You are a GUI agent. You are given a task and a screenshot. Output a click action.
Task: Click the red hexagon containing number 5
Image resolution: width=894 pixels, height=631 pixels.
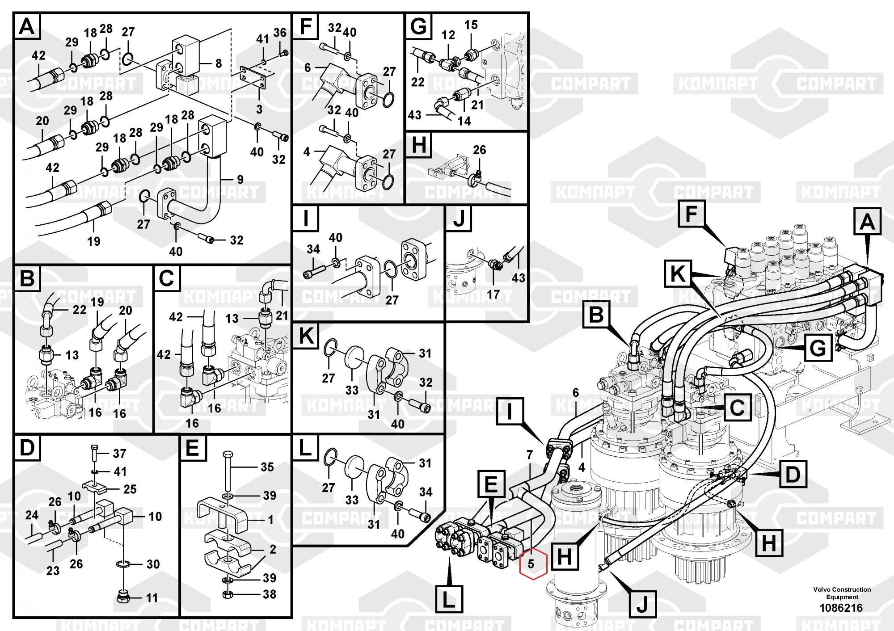[531, 564]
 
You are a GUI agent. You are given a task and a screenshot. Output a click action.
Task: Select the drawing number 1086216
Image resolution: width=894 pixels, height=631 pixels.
[841, 608]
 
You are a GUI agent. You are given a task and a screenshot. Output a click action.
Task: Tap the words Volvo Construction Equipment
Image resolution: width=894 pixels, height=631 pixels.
[842, 593]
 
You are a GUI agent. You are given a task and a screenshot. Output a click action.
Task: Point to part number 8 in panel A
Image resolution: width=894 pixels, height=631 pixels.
[218, 63]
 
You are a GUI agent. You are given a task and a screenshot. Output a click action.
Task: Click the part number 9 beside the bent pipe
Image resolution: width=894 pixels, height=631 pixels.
[240, 180]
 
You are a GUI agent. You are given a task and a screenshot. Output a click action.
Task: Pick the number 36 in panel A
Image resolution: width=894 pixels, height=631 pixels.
[280, 32]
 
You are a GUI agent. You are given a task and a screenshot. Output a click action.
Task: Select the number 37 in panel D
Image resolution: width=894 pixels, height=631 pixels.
[119, 454]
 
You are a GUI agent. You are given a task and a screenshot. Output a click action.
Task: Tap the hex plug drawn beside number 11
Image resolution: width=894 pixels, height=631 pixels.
[122, 597]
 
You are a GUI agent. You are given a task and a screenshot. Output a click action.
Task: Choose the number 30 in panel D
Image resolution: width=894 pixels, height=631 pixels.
[153, 564]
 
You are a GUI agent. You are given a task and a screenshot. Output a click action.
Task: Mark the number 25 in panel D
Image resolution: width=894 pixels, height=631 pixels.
[130, 489]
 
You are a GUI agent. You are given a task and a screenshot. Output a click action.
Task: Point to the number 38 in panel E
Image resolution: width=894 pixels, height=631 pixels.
[269, 594]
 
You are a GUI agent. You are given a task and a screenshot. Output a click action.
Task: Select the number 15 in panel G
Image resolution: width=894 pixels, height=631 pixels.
[471, 25]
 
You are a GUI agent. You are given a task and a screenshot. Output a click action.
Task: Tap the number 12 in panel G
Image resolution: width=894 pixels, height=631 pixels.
[448, 35]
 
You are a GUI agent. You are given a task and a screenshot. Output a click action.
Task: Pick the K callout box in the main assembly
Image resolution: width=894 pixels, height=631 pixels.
[678, 274]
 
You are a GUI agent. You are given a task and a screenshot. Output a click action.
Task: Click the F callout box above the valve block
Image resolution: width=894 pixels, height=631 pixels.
[691, 214]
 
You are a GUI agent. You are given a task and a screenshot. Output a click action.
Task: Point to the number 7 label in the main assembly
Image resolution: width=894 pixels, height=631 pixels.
[530, 455]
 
